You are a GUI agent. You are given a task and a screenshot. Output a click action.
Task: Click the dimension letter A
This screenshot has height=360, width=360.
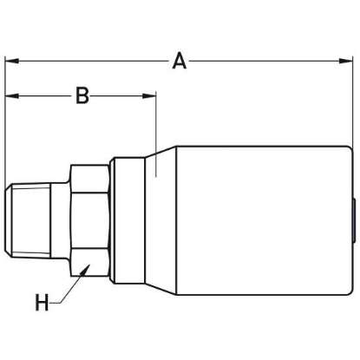180,61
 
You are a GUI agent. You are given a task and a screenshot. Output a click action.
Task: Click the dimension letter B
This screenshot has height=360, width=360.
82,95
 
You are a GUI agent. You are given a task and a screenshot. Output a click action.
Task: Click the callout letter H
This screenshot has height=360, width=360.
42,302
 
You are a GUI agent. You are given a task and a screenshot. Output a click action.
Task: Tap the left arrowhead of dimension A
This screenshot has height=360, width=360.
12,61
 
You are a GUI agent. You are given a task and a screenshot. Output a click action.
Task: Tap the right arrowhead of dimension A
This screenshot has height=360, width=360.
346,61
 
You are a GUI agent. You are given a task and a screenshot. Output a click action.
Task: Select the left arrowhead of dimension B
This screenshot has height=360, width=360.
12,96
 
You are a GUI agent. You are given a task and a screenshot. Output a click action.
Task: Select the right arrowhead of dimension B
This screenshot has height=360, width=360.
149,96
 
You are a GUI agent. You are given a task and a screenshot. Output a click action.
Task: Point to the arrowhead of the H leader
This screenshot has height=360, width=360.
86,269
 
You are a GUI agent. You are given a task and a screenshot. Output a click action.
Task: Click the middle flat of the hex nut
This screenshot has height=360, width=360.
90,220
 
